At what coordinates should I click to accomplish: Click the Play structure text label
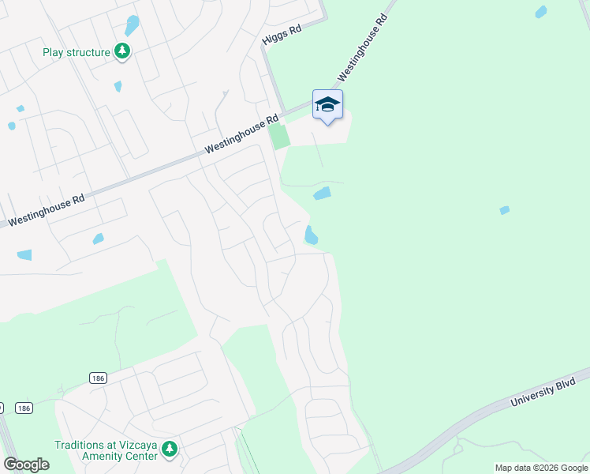click(x=77, y=53)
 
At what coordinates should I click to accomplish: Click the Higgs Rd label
click(x=282, y=37)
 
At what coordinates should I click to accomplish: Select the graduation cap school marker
click(x=327, y=104)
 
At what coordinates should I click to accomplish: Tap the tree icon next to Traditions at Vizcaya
click(x=170, y=450)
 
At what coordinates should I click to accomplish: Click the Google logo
click(x=26, y=465)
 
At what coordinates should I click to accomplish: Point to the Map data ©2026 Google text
click(x=541, y=468)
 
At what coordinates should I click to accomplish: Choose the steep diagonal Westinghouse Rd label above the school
click(x=364, y=47)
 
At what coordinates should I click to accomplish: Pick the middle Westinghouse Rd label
click(x=241, y=134)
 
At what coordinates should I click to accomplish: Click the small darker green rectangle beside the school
click(x=279, y=136)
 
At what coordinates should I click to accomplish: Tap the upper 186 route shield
click(x=98, y=378)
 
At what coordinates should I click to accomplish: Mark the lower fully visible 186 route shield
click(x=24, y=408)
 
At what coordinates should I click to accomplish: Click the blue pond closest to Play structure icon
click(x=132, y=25)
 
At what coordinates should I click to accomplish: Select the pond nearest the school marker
click(x=322, y=194)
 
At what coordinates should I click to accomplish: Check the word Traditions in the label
click(x=81, y=445)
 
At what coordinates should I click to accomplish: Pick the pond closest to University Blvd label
click(x=504, y=210)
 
